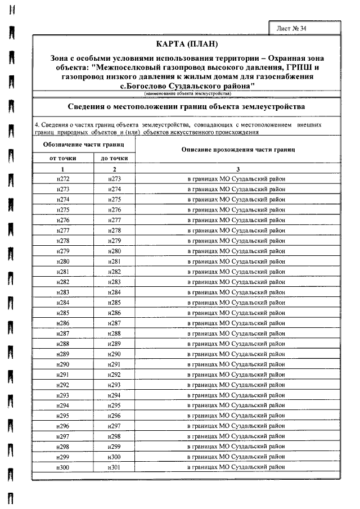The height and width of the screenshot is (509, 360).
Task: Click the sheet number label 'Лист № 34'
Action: coord(291,28)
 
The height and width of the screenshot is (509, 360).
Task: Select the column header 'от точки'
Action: coord(63,158)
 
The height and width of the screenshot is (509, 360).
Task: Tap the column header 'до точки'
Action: coord(115,158)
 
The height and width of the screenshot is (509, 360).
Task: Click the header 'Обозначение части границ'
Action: coord(84,145)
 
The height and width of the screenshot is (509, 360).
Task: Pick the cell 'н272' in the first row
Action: coord(63,179)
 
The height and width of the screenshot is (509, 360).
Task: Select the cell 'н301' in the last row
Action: coord(115,467)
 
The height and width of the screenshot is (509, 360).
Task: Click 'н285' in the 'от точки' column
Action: coord(63,313)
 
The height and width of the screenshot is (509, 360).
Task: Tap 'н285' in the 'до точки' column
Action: coord(115,303)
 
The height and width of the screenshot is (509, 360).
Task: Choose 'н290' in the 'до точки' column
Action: coord(115,354)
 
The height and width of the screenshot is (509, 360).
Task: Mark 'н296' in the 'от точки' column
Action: coord(63,426)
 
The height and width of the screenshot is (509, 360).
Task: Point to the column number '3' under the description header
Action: coord(239,169)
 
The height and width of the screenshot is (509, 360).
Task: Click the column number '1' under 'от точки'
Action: coord(63,169)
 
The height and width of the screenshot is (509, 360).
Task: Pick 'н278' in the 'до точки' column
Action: coord(115,231)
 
